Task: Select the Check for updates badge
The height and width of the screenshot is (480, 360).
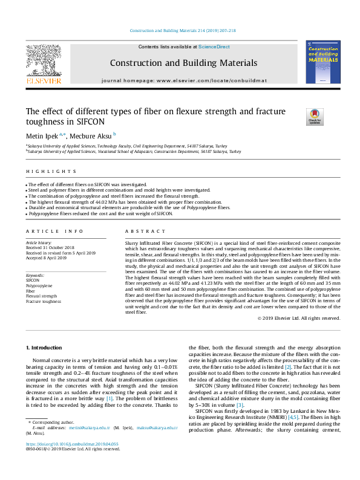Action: click(315, 116)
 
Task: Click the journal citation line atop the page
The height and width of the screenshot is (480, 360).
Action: click(180, 30)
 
